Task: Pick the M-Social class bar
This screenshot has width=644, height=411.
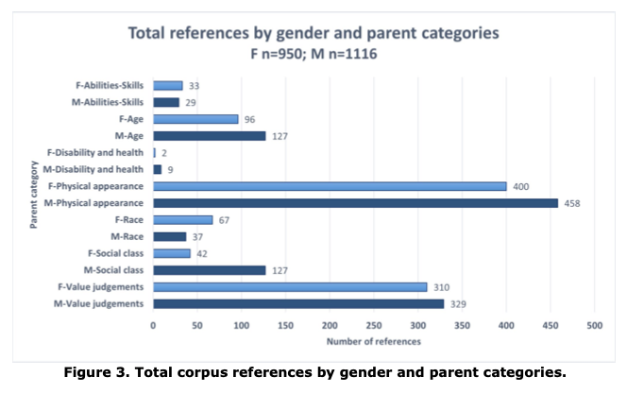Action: (x=210, y=270)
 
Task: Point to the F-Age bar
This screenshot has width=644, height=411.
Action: (x=195, y=119)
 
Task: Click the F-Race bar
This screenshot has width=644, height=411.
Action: (x=183, y=219)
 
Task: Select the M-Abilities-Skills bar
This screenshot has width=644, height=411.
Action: (x=166, y=102)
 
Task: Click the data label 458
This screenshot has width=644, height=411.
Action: (x=573, y=203)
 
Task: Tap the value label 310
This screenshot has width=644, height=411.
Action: (x=442, y=287)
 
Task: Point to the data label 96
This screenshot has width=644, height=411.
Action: (x=250, y=120)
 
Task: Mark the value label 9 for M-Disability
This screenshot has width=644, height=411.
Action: (x=170, y=170)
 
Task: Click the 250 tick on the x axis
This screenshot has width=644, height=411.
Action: (x=374, y=324)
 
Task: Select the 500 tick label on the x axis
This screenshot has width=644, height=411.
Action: (x=595, y=324)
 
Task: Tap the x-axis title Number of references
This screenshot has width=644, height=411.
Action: (x=373, y=340)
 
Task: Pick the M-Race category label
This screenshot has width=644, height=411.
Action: (x=127, y=236)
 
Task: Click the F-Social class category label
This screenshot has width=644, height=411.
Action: (x=115, y=253)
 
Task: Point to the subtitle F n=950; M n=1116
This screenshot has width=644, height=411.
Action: (x=313, y=54)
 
